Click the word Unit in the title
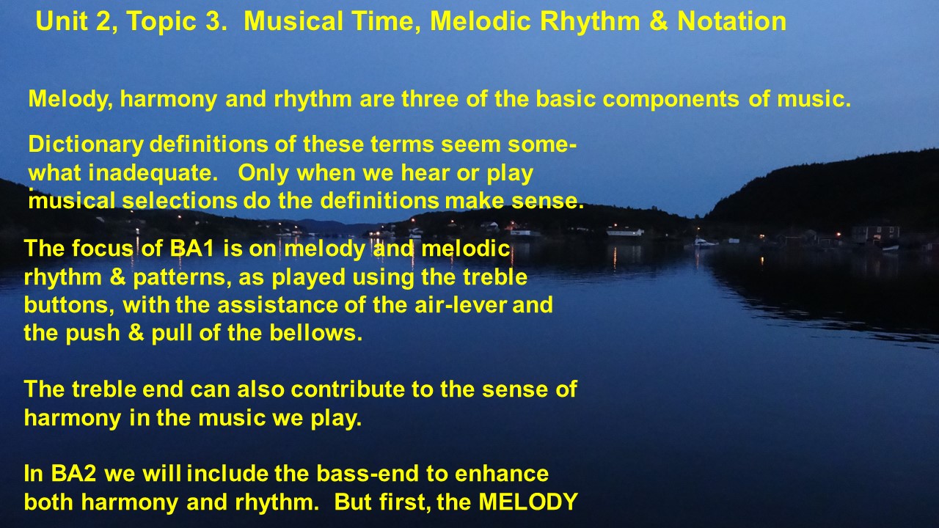[x=62, y=21]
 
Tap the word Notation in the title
[x=731, y=21]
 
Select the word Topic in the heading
[x=161, y=22]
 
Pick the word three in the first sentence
[x=430, y=98]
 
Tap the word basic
[x=566, y=98]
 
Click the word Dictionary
[x=86, y=145]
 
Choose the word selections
[x=180, y=201]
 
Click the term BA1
[x=192, y=249]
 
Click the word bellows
[x=315, y=333]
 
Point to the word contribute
[x=348, y=389]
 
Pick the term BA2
[x=73, y=474]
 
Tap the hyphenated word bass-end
[x=368, y=474]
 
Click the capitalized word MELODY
[x=528, y=502]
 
